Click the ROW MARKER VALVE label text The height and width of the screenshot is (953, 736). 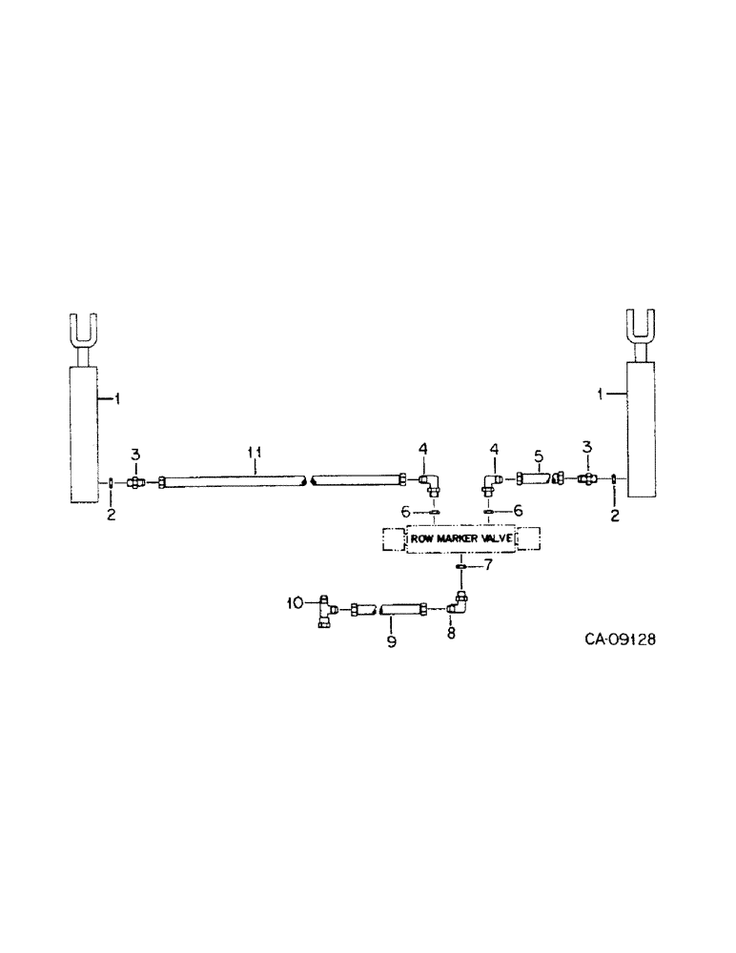pos(461,538)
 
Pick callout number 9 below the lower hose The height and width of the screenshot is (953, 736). pos(391,642)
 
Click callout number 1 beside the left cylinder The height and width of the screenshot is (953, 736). pos(115,400)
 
